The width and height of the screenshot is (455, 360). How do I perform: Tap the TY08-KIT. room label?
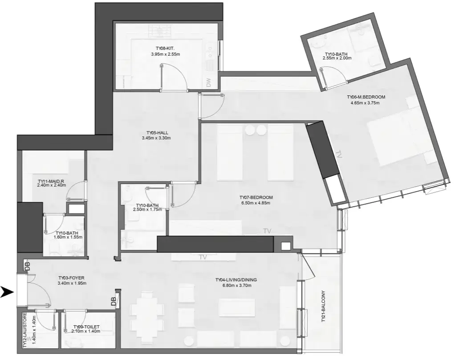165,49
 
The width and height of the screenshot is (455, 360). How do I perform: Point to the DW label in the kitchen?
208,82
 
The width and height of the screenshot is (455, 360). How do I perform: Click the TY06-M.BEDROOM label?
366,97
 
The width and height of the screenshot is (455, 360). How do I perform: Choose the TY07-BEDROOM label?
256,197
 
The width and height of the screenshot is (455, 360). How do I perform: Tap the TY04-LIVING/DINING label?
236,280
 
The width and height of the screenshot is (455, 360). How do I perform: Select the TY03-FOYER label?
72,278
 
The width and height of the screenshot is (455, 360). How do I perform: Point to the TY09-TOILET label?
86,327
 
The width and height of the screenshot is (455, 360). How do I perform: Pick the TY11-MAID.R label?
51,181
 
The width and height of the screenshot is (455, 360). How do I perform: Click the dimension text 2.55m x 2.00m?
337,58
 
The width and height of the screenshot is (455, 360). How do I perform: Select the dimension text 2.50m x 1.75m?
147,210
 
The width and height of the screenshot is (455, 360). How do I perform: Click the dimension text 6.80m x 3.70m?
236,286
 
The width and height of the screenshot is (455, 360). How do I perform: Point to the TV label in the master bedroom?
339,155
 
